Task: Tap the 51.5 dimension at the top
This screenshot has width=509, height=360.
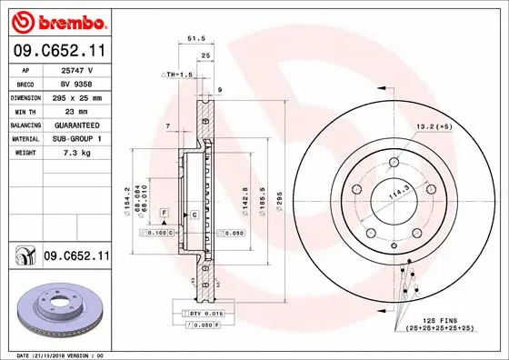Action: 193,39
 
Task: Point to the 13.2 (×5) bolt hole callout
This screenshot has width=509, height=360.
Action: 434,126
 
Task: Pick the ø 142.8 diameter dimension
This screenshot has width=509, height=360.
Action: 246,200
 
